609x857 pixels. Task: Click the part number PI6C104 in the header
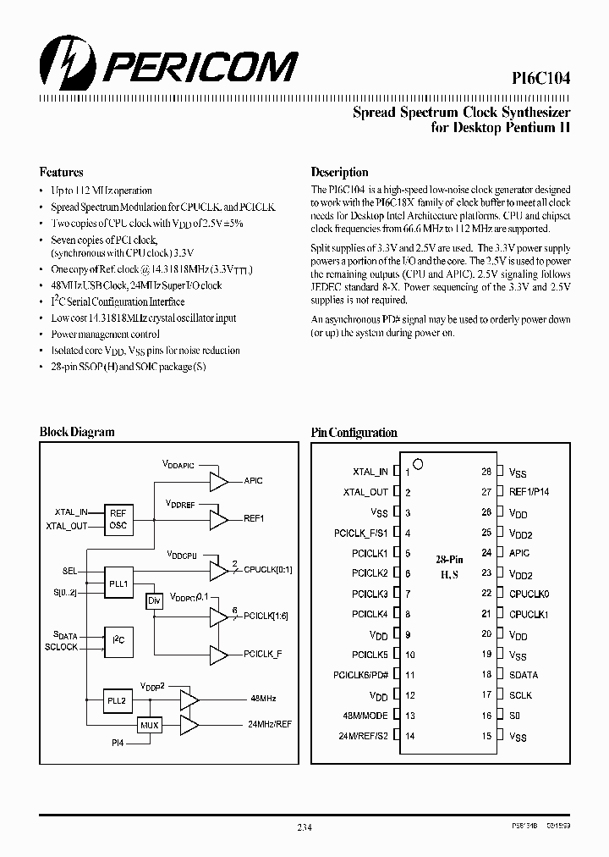point(540,78)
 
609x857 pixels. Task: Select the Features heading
point(62,172)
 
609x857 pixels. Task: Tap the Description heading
point(339,172)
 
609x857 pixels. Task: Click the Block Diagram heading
point(77,432)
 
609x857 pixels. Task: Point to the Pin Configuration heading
point(354,432)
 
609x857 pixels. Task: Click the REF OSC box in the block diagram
point(118,518)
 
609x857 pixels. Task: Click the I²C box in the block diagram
point(118,641)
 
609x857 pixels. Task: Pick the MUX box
point(150,726)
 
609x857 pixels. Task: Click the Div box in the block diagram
point(154,601)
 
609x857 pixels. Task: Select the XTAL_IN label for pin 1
point(370,472)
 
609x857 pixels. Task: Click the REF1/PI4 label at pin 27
point(529,492)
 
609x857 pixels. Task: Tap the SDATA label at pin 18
point(524,675)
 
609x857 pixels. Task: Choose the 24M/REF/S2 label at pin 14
point(362,736)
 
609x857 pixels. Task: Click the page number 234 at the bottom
point(304,827)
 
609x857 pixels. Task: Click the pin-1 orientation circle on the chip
point(418,464)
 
